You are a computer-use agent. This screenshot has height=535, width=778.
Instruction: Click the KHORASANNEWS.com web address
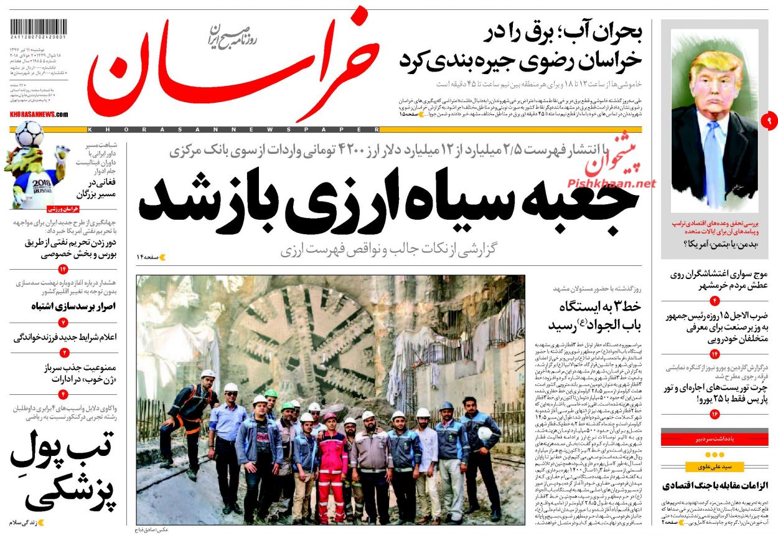click(39, 115)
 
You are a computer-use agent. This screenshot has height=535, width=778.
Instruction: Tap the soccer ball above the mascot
click(29, 133)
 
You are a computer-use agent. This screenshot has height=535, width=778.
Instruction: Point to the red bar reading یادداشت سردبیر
click(718, 440)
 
